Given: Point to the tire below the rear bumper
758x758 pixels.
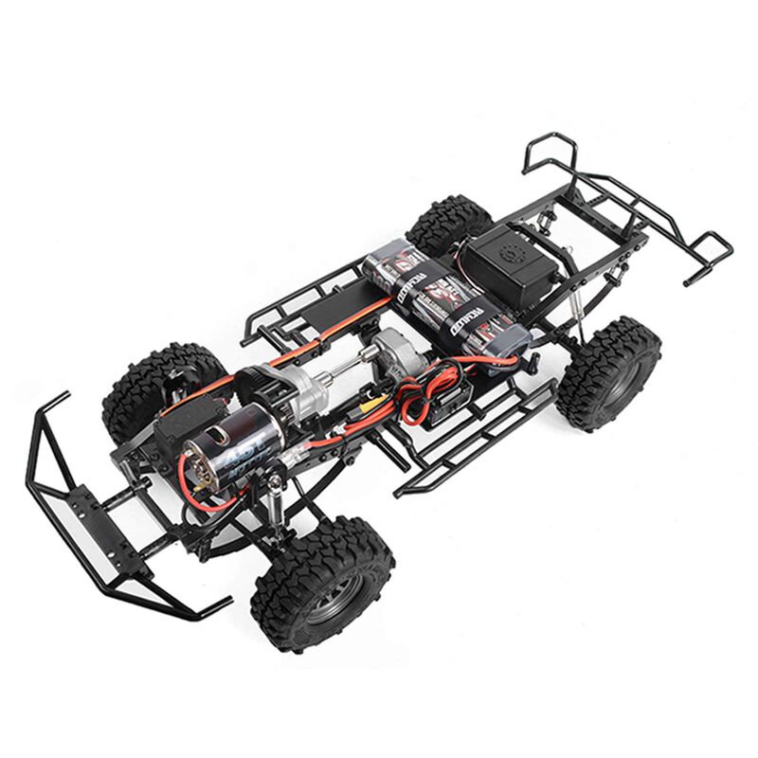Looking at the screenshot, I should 607,371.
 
